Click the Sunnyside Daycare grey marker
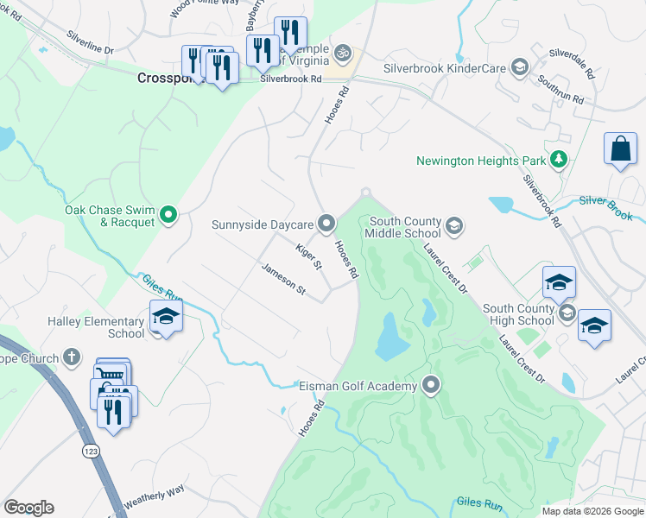[326, 224]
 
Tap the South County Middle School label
[402, 227]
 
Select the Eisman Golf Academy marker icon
[432, 386]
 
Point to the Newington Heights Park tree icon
[560, 160]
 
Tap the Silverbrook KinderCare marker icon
[519, 66]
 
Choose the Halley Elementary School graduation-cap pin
[166, 317]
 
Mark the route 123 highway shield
[91, 451]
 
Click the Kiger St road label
[308, 256]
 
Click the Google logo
[28, 508]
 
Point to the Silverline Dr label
[91, 45]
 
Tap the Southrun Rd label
[562, 89]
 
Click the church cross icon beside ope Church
[73, 357]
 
